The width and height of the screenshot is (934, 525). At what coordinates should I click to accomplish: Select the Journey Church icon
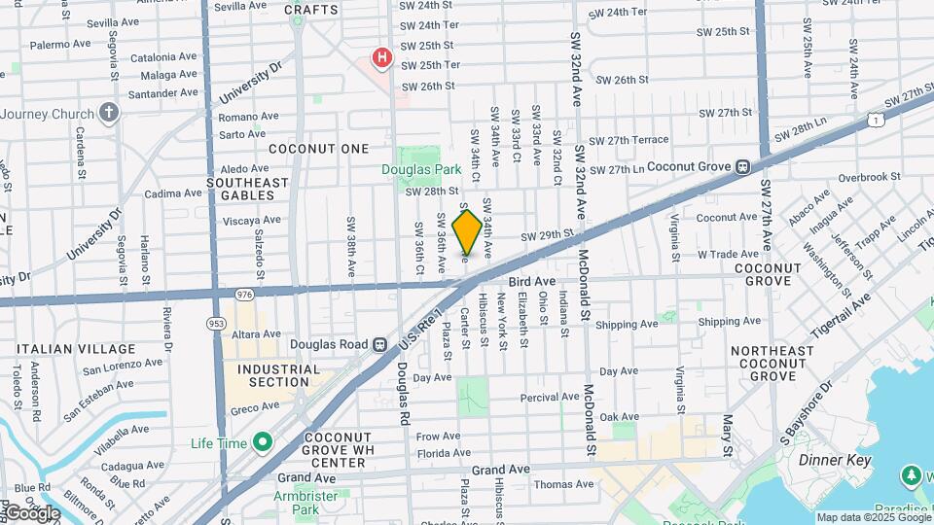point(108,113)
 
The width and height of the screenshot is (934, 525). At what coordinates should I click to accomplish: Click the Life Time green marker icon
point(262,443)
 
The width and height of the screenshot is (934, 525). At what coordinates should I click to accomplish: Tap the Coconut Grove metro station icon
point(742,167)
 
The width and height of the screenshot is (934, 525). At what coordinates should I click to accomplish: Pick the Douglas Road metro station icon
point(380,344)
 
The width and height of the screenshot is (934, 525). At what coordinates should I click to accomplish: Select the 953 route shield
point(215,323)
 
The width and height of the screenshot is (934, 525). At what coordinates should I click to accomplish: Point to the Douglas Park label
point(420,169)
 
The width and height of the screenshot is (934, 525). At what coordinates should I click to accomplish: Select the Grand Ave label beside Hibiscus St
point(501,469)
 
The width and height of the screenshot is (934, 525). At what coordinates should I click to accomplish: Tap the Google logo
point(31,513)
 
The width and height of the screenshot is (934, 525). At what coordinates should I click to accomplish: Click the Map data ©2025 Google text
point(873,517)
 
